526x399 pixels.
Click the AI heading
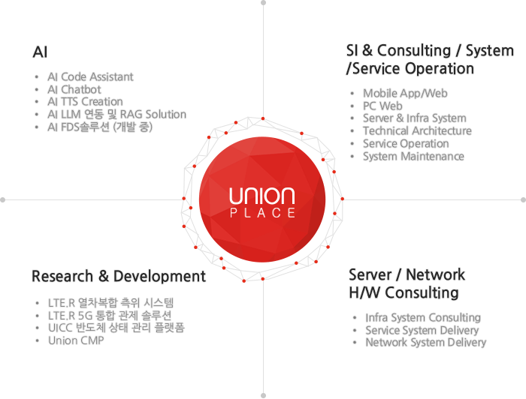coord(40,52)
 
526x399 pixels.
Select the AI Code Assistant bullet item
coord(90,77)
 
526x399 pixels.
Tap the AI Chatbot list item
coord(74,90)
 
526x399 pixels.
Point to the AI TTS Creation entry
coord(85,102)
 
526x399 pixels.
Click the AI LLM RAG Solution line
coord(116,115)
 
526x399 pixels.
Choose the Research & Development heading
coord(119,276)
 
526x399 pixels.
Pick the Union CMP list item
coord(76,340)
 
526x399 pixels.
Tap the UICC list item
coord(116,328)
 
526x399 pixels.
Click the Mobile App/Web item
coord(405,94)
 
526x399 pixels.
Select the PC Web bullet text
coord(382,106)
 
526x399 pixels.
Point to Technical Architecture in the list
coord(417,131)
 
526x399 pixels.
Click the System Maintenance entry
coord(413,156)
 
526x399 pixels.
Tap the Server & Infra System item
coord(415,118)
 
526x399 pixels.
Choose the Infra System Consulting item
coord(423,317)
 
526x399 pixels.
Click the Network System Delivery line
coord(426,343)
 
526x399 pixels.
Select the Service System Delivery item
coord(422,330)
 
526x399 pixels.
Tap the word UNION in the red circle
coord(262,196)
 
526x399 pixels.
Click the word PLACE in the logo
coord(262,213)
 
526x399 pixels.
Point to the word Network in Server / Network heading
coord(435,274)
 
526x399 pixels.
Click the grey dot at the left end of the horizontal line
coord(3,199)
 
